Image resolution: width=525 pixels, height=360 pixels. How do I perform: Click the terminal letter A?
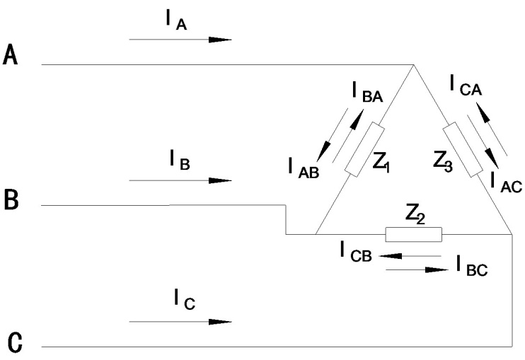coord(10,54)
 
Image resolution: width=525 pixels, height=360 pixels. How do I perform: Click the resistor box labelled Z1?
coord(364,149)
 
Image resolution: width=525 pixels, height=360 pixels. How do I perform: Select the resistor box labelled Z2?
coord(413,234)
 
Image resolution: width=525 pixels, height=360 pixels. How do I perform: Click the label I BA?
coord(367,92)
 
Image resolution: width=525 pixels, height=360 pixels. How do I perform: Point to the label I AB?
coord(305,168)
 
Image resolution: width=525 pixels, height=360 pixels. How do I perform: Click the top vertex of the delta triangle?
coord(414,65)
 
